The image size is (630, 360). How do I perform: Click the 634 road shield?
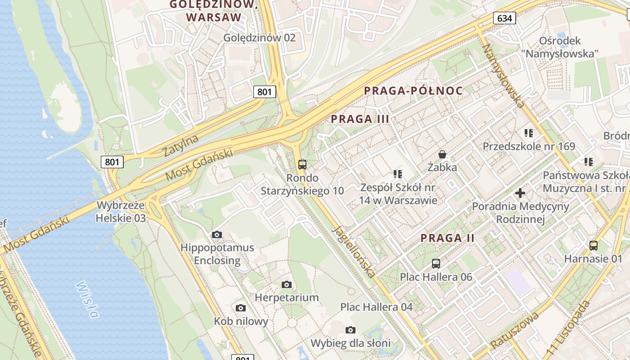click(x=504, y=18)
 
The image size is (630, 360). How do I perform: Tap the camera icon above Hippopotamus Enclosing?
click(x=217, y=234)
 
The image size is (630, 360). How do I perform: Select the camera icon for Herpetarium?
click(x=287, y=284)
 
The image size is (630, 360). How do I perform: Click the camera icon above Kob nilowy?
click(x=241, y=308)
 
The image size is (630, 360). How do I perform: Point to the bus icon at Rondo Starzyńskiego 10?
click(x=302, y=165)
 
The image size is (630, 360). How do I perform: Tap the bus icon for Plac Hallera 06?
click(x=436, y=264)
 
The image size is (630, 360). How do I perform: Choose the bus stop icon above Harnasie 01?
click(x=594, y=246)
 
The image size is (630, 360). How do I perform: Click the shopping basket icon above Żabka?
click(x=442, y=154)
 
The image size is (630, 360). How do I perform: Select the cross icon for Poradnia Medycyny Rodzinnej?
click(x=520, y=193)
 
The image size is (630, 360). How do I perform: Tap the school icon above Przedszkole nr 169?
click(x=529, y=133)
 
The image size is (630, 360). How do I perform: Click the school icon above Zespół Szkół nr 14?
click(x=397, y=174)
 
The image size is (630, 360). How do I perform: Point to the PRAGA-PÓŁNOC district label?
click(x=413, y=91)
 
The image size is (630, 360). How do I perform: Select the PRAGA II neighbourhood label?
click(x=447, y=238)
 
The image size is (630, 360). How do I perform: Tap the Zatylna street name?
click(x=181, y=145)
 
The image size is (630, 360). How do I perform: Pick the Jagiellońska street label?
click(x=354, y=251)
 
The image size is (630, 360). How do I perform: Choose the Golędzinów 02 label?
click(x=260, y=37)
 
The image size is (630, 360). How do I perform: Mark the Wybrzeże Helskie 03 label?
click(x=121, y=212)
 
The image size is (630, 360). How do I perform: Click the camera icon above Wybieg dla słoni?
click(x=351, y=330)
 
